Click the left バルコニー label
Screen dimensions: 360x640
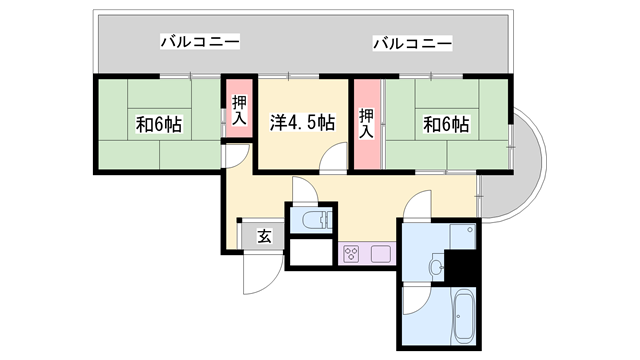201,43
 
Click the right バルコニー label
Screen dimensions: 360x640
412,43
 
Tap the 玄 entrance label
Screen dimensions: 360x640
264,237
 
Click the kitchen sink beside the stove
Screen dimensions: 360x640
380,254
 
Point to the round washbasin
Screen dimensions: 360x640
436,267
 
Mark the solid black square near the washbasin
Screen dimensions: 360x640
461,266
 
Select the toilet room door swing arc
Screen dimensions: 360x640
306,191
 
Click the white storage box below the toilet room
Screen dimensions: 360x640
311,254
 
